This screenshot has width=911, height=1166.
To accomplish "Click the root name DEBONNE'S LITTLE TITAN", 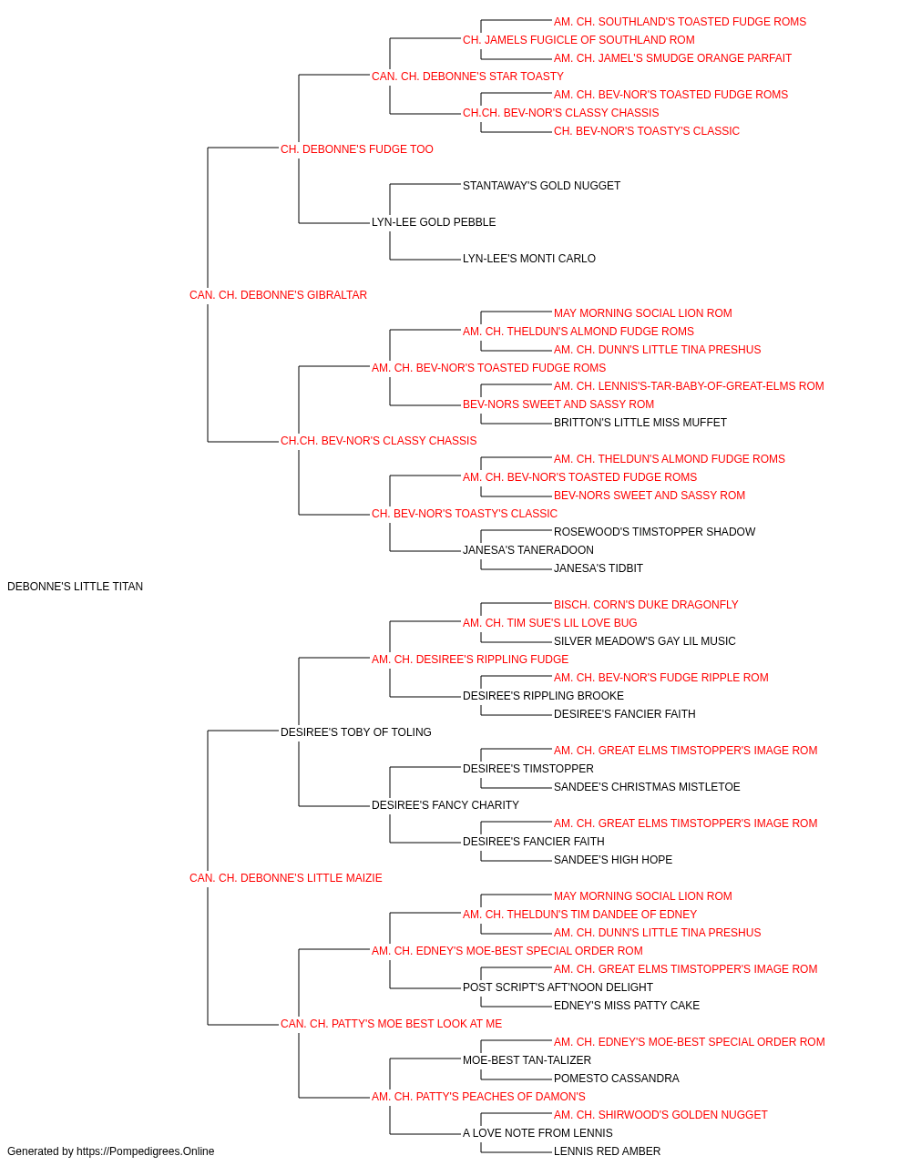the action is coord(75,587).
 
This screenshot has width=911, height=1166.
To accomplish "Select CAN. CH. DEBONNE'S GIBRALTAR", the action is coord(278,295).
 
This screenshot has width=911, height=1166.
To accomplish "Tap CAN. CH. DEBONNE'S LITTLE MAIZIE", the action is coord(285,878).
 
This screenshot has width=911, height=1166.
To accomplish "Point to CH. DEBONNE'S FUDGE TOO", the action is coord(357,149).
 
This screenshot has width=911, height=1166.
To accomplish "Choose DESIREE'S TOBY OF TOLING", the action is coord(355,732).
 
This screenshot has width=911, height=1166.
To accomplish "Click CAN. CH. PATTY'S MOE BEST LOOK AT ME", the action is coord(391,1024).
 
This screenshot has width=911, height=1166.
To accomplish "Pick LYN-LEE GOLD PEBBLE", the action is coord(434,222).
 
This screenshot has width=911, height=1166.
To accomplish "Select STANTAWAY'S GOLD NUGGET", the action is coord(541,186).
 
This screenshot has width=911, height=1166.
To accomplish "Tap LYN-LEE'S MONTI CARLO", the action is coord(529,259).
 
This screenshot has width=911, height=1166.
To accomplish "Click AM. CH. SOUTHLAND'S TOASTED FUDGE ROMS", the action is coord(680,22).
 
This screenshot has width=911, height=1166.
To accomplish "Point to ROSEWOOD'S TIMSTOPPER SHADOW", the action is coord(654,532).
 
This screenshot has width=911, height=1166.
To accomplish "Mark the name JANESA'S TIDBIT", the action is coord(599,568).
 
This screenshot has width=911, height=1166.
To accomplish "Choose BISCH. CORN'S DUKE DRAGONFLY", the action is coord(646,605).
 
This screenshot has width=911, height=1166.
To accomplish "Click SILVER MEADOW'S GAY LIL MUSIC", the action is coord(644,641).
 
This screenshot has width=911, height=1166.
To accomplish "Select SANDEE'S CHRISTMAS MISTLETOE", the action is coord(647,787).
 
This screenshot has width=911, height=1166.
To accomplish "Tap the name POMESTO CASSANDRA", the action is coord(617,1079).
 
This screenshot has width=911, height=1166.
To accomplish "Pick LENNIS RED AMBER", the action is coord(607,1151).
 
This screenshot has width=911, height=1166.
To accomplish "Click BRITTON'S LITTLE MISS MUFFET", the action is coord(640,423).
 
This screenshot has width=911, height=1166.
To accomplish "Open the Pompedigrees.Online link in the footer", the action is coord(145,1151).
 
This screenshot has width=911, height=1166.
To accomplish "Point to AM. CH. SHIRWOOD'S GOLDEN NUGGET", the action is coord(660,1115).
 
